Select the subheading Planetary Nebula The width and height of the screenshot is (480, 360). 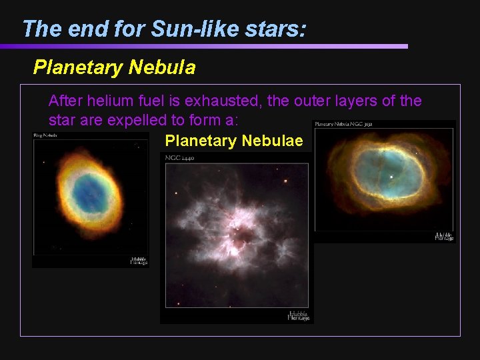[x=114, y=67]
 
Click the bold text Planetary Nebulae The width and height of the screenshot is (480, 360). [x=233, y=141]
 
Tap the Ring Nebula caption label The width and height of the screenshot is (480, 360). [x=45, y=135]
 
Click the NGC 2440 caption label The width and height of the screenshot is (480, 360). [x=179, y=157]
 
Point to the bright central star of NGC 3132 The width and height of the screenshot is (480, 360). [x=391, y=177]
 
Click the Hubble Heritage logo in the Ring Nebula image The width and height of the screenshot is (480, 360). [x=138, y=261]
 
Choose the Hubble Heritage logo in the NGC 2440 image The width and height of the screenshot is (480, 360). [x=298, y=316]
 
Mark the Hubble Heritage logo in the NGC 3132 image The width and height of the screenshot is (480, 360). [x=443, y=236]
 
